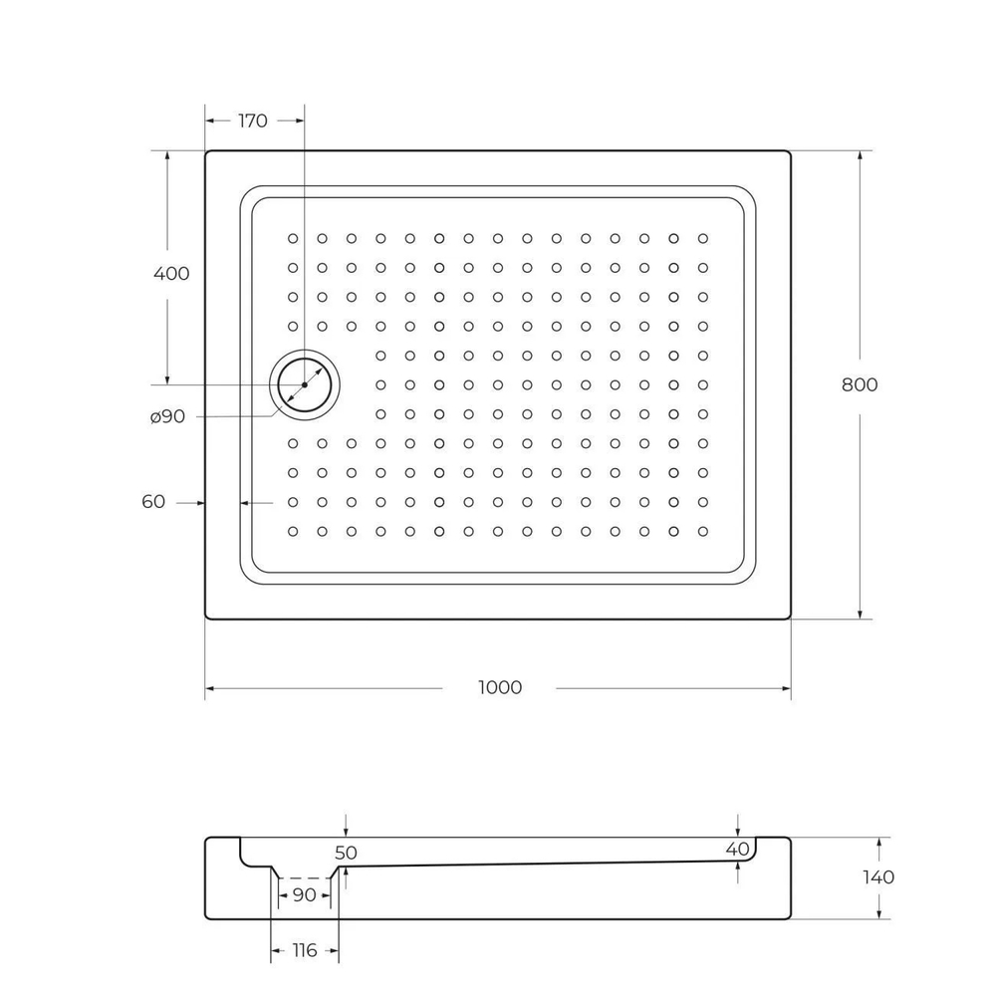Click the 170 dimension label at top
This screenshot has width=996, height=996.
pyautogui.click(x=253, y=121)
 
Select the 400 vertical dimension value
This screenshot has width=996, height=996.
pyautogui.click(x=171, y=273)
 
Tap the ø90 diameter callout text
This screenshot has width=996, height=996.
pyautogui.click(x=168, y=416)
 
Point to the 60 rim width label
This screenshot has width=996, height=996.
pyautogui.click(x=153, y=502)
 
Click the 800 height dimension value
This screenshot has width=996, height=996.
pyautogui.click(x=860, y=384)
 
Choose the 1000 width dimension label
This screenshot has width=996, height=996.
pyautogui.click(x=500, y=687)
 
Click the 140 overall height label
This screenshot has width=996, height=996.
pyautogui.click(x=877, y=876)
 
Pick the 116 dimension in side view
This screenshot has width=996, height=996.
pyautogui.click(x=304, y=950)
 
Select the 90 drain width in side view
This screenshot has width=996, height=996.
pyautogui.click(x=305, y=894)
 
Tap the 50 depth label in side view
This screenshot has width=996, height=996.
pyautogui.click(x=346, y=853)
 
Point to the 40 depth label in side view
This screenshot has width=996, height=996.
pyautogui.click(x=737, y=849)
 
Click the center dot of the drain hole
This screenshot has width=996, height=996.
pyautogui.click(x=305, y=384)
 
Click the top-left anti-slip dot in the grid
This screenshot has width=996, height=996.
pyautogui.click(x=293, y=238)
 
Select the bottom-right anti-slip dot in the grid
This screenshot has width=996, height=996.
pyautogui.click(x=703, y=531)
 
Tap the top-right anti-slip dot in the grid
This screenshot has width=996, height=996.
pyautogui.click(x=703, y=238)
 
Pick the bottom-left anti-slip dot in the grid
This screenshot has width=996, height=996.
pyautogui.click(x=293, y=531)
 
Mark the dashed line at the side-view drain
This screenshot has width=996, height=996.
pyautogui.click(x=305, y=877)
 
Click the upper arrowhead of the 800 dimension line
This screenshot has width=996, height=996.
pyautogui.click(x=860, y=156)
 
